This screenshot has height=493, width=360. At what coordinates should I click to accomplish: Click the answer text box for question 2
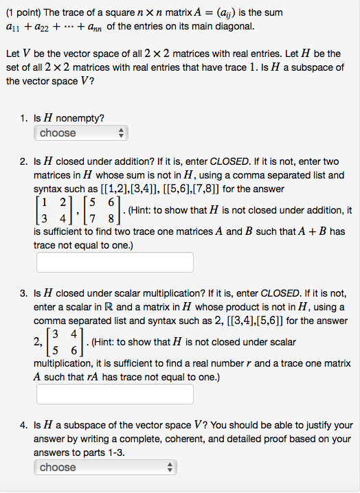[x=115, y=262]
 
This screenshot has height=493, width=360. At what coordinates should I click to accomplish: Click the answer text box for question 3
[x=115, y=394]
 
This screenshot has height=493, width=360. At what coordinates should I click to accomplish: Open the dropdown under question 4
[x=105, y=468]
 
